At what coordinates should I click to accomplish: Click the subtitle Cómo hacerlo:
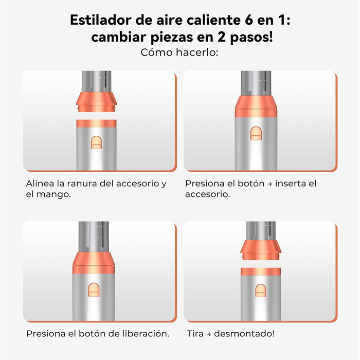[179, 53]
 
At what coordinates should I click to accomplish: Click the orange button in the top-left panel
[96, 142]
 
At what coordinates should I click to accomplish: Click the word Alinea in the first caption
[39, 184]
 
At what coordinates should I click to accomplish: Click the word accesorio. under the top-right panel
[207, 195]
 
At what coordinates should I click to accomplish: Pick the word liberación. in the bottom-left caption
[147, 333]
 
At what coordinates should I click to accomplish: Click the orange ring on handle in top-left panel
[96, 122]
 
